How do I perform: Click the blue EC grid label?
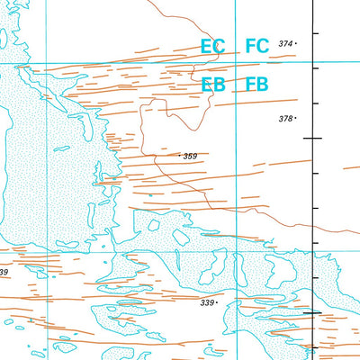point(213,46)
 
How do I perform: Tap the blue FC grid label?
point(257,46)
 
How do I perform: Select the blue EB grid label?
point(213,85)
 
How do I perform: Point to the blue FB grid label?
point(257,85)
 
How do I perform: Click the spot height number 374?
point(285,43)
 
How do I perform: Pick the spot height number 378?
point(285,119)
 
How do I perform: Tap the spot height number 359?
point(190,157)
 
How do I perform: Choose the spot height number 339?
point(207,303)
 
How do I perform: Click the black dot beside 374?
point(296,43)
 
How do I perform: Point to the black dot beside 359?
point(180,157)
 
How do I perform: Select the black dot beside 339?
point(218,303)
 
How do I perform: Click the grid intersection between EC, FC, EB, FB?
point(235,64)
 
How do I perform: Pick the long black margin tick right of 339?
point(314,312)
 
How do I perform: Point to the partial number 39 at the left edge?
point(4,272)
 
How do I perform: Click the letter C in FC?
point(264,46)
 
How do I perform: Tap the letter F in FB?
point(251,85)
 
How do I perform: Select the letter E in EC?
point(207,46)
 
